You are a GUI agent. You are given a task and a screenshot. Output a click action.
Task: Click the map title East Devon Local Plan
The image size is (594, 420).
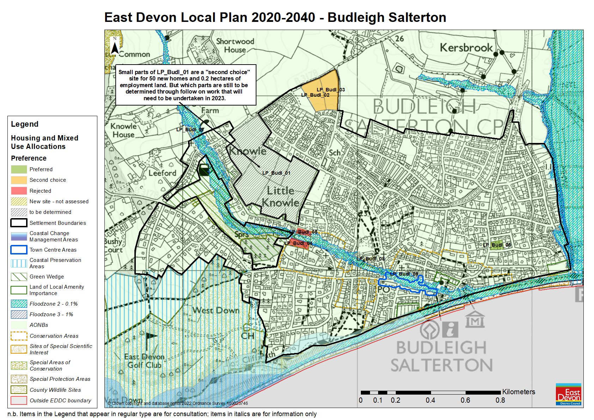point(275,17)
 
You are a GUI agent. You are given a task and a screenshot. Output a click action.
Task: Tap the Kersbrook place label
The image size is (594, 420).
point(466,48)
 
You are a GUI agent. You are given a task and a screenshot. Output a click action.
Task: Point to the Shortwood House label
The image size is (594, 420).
point(235,46)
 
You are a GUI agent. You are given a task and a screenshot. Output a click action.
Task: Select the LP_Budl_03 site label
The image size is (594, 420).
point(331,90)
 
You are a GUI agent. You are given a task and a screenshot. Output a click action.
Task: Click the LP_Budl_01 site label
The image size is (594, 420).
point(276,173)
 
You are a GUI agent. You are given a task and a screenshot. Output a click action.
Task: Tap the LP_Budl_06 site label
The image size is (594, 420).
point(497,245)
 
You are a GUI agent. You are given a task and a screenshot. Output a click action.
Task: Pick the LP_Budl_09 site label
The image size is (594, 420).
point(404,274)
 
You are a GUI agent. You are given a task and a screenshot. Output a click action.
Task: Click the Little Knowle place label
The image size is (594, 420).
point(280,197)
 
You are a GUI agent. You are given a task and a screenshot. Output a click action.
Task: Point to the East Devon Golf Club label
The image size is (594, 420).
point(144,361)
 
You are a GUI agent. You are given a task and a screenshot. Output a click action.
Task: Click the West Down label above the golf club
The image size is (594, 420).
point(216,311)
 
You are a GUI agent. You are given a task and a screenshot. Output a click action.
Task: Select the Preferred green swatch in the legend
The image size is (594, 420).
point(19,169)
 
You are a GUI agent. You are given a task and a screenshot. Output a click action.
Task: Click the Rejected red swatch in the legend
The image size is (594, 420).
point(19,191)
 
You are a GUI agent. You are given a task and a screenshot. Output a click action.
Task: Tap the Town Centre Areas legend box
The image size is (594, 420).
point(19,250)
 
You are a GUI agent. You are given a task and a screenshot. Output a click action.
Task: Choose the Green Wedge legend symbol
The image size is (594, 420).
point(19,277)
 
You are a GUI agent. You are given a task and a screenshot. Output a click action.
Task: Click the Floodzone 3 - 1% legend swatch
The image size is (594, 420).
point(19,314)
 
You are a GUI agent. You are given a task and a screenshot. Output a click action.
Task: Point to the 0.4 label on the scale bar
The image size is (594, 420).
point(430,400)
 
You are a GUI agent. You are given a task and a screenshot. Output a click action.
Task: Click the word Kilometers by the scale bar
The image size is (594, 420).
point(519,392)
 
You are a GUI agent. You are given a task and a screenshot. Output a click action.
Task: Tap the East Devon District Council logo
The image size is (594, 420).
point(568,394)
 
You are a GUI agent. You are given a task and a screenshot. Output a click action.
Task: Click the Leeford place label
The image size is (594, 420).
point(162,173)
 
